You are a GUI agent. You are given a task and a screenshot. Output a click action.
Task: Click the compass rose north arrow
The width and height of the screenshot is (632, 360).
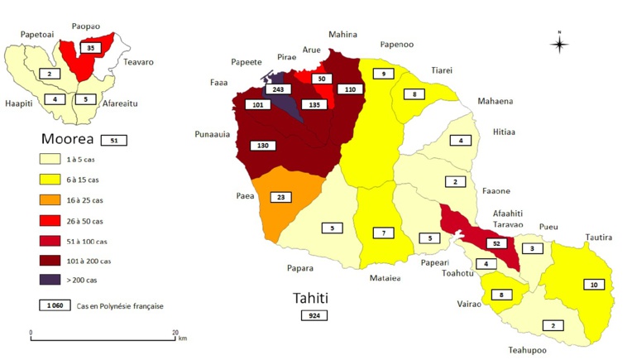coord(559,43)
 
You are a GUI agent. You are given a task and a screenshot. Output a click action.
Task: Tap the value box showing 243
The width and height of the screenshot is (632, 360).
coord(275,89)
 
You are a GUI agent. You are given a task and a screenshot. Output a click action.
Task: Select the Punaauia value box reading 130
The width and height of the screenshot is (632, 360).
coord(262,146)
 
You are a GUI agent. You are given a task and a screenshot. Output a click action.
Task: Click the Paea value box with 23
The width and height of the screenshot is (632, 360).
coord(281,198)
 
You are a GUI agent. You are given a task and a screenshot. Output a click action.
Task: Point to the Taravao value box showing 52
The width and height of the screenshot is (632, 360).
coord(496,243)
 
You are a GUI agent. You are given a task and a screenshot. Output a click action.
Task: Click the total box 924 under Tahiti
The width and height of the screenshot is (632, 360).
coord(314,315)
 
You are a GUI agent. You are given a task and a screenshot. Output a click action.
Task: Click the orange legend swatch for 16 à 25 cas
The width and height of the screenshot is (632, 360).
coord(55,200)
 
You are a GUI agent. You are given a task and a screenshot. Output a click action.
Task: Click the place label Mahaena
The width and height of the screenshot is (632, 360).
coord(495,101)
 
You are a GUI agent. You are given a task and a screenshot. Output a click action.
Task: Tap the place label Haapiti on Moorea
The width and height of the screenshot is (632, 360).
coord(19,104)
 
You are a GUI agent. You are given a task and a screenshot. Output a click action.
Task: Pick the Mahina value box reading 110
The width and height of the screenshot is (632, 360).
coord(349,89)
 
